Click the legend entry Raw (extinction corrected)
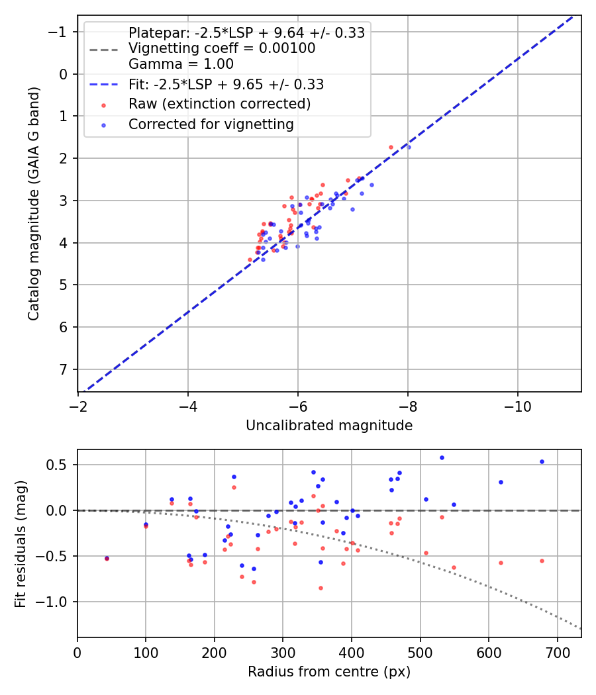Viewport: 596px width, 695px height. pos(219,104)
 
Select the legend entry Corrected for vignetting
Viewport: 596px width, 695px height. pos(211,124)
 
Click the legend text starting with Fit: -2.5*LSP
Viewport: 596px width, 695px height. pos(226,85)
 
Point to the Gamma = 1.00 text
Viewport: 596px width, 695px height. pos(181,64)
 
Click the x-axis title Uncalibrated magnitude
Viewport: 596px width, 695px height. pos(329,426)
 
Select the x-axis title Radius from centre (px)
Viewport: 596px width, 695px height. pos(329,672)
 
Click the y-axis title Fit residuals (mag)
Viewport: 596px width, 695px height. pos(21,543)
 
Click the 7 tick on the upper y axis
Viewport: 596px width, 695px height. pos(64,369)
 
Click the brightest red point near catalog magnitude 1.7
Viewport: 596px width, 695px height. pos(391,147)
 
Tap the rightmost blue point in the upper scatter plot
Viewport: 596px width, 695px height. pos(409,147)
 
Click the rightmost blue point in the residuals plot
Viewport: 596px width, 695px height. pos(542,462)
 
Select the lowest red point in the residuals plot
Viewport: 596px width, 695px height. pos(321,588)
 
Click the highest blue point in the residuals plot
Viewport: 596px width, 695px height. pos(442,457)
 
